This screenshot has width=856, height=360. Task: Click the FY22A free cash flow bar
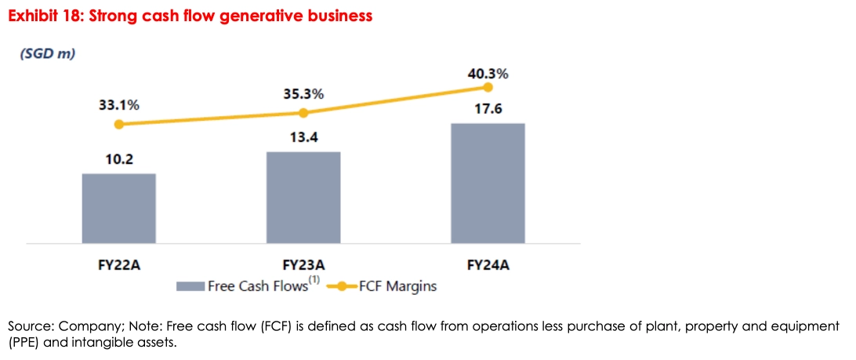[x=119, y=208]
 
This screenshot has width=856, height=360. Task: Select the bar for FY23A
[x=303, y=197]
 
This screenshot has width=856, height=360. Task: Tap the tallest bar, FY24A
[x=488, y=183]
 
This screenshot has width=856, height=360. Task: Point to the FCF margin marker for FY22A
[x=119, y=124]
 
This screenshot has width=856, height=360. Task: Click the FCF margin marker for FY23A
[x=303, y=113]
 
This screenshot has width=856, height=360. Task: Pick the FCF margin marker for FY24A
[x=488, y=88]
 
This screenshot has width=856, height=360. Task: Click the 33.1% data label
[x=119, y=106]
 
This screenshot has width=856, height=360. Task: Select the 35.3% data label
[x=303, y=95]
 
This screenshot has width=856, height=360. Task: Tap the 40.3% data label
[x=488, y=75]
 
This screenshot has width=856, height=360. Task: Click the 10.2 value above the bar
[x=119, y=159]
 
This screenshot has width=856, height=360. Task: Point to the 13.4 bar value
[x=303, y=138]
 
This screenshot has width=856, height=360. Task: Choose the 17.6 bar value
[x=488, y=108]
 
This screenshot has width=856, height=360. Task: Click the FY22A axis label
[x=119, y=265]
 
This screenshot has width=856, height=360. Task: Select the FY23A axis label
[x=303, y=265]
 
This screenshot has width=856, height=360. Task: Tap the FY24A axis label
[x=488, y=265]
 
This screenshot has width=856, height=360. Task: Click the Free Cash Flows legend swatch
[x=190, y=286]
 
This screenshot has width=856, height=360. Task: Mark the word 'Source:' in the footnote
[x=30, y=325]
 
